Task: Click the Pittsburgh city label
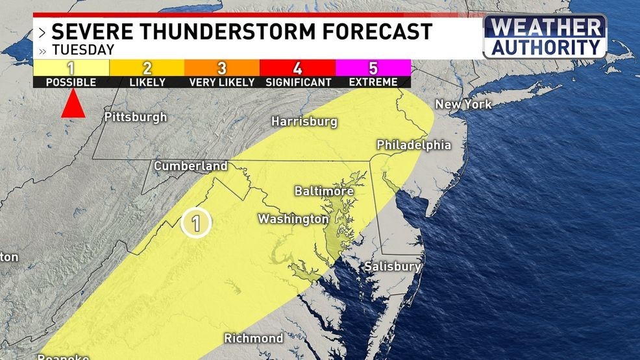click(x=136, y=117)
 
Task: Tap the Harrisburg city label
click(x=304, y=121)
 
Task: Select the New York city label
click(x=463, y=104)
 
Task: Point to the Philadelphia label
click(x=413, y=145)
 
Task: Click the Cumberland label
click(x=191, y=166)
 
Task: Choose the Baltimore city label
click(x=324, y=191)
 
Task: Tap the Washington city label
click(x=293, y=219)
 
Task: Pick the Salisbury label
click(x=393, y=267)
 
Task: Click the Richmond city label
click(x=253, y=338)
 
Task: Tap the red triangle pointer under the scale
click(x=73, y=104)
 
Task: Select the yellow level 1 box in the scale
click(x=71, y=67)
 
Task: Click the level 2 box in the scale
click(x=147, y=67)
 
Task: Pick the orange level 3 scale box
click(x=222, y=67)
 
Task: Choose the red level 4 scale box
click(x=297, y=67)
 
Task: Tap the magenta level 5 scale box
click(x=373, y=67)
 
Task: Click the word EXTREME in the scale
click(x=373, y=82)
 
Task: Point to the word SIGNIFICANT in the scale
click(x=298, y=82)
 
